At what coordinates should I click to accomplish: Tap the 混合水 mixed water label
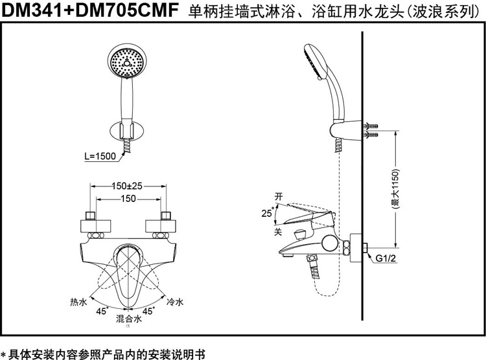(x=128, y=319)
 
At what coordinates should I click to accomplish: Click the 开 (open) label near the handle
(x=279, y=196)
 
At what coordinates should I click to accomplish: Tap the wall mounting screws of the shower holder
(x=371, y=129)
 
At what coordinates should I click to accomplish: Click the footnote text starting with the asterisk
(x=104, y=354)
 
